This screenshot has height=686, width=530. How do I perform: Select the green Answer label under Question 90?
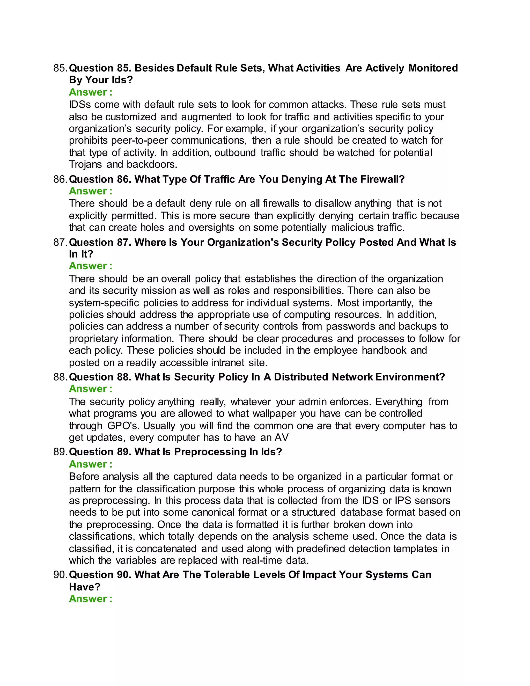pos(90,599)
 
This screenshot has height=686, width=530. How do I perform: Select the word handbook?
pos(384,351)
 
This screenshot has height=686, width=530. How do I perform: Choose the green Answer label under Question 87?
pos(90,266)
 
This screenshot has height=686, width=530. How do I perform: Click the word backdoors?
pos(152,164)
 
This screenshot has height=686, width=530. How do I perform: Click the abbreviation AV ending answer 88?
pos(281,437)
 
